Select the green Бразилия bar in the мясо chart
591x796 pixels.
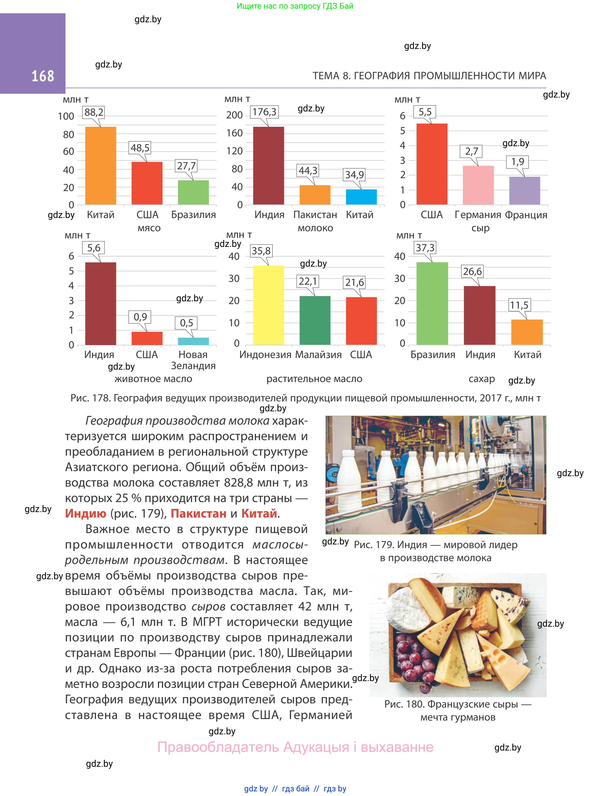[x=193, y=192]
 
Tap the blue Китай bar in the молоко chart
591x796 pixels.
[x=361, y=197]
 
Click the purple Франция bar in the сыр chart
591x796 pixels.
[x=524, y=190]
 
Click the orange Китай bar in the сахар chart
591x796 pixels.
[x=526, y=332]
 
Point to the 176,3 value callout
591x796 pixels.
[x=264, y=112]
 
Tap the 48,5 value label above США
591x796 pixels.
[x=140, y=148]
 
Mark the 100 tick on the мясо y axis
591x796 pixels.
[x=66, y=116]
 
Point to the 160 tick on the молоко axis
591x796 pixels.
[x=234, y=133]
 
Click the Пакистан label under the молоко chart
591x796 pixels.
[x=315, y=215]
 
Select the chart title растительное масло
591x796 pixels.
[x=314, y=379]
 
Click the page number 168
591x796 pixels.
[x=43, y=76]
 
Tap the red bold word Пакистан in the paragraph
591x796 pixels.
[x=198, y=513]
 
